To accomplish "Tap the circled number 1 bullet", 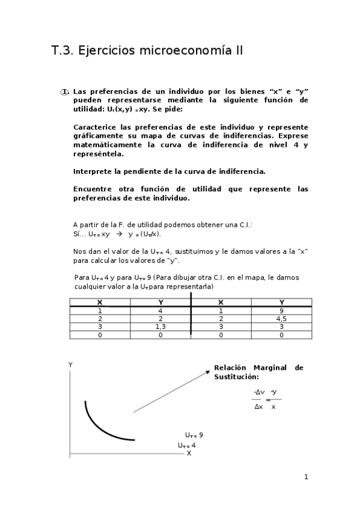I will tap(64, 91).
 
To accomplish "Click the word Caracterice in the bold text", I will tap(94, 127).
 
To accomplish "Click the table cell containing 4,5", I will tap(281, 318).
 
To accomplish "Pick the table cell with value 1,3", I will tap(160, 327).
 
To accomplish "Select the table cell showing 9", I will tap(281, 310).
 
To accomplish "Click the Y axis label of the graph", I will tap(70, 364).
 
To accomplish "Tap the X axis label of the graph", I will tap(189, 453).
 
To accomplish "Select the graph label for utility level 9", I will tap(194, 435).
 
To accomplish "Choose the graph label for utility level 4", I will tap(186, 446).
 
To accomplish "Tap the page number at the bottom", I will tap(306, 478).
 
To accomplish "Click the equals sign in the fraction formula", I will tap(268, 399).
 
